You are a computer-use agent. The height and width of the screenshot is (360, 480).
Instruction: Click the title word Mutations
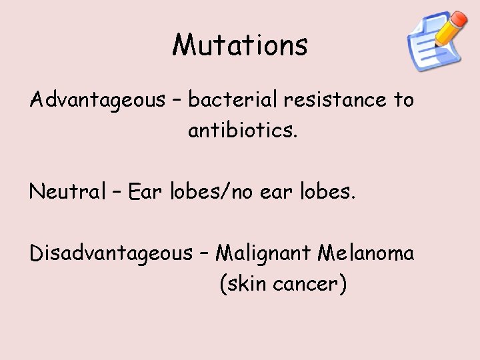[240, 45]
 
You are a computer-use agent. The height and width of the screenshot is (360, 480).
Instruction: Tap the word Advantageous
[97, 101]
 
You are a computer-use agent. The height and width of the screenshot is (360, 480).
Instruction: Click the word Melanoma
[366, 253]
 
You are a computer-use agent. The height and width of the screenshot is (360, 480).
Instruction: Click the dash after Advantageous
[176, 101]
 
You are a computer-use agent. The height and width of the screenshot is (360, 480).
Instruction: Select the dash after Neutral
[116, 193]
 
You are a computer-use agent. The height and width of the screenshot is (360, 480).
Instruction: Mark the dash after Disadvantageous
[203, 254]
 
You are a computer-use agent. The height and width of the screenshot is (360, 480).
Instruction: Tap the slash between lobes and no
[229, 193]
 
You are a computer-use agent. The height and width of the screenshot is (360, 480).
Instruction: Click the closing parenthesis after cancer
[342, 285]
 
